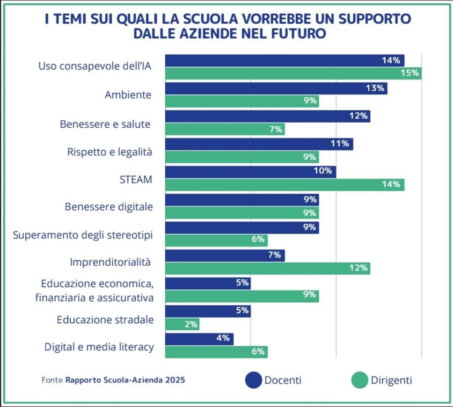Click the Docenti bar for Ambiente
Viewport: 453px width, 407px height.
tap(276, 88)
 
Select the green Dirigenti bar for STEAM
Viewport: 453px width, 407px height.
tap(285, 185)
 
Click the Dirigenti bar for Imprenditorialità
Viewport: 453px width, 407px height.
tap(268, 269)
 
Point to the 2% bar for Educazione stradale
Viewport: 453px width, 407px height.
tap(183, 324)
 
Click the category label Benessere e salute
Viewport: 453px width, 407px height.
tap(105, 124)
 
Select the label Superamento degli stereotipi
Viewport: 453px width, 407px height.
tap(83, 234)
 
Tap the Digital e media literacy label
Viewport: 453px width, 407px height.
tap(99, 347)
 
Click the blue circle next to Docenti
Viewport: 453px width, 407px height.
tap(253, 380)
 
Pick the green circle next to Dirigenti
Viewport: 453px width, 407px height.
tap(359, 380)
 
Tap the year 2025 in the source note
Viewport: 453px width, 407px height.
tap(175, 380)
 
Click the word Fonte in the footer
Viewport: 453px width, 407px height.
tap(52, 380)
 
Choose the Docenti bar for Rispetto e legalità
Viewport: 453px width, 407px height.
tap(259, 144)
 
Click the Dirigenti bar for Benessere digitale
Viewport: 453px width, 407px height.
tap(242, 213)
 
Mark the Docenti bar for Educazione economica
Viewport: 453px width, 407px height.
tap(208, 283)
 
